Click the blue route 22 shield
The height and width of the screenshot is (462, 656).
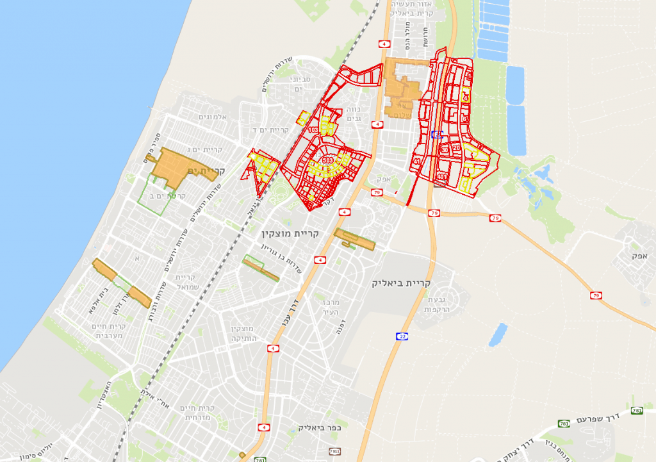[x=402, y=336]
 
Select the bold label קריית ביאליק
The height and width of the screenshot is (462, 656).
[x=402, y=283]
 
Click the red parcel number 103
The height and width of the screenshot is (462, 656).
[x=313, y=130]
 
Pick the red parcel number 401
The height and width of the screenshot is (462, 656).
[x=441, y=176]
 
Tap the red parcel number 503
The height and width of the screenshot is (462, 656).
[x=328, y=160]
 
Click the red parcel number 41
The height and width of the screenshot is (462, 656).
[x=417, y=161]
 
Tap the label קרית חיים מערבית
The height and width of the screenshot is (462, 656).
[x=113, y=331]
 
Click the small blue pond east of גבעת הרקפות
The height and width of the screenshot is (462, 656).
[x=498, y=334]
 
